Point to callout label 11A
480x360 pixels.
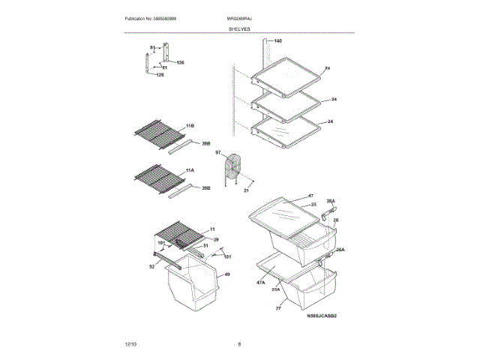[x=190, y=170]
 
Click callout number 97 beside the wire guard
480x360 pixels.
[x=218, y=152]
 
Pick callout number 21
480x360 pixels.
[x=245, y=191]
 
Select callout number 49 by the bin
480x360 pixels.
[x=227, y=274]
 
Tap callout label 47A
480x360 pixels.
[x=261, y=283]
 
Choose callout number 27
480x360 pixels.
[x=277, y=308]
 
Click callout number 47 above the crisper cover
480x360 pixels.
[x=310, y=195]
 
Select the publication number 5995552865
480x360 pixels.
[x=156, y=17]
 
